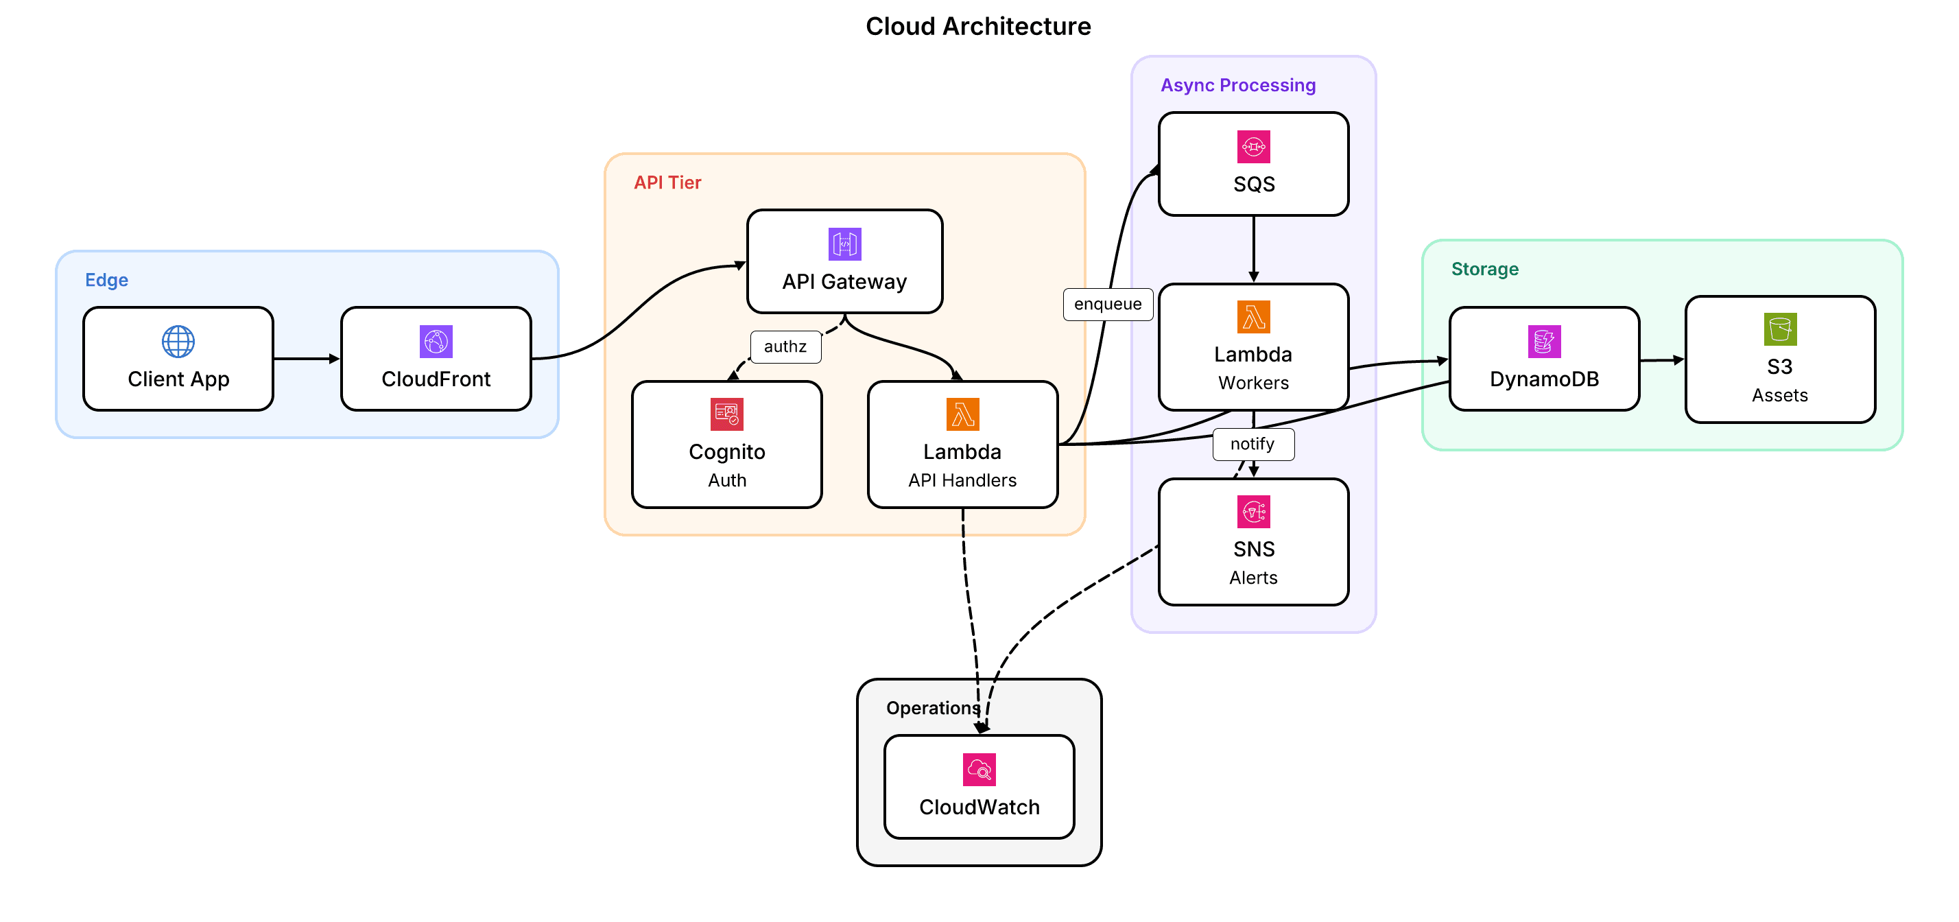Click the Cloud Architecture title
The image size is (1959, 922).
tap(978, 27)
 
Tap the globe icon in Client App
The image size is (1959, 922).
tap(178, 342)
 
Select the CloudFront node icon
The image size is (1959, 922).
tap(436, 342)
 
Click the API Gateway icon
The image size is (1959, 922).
tap(844, 244)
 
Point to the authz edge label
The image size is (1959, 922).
tap(785, 347)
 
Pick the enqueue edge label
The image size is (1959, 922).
tap(1107, 305)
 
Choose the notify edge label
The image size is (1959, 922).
tap(1252, 445)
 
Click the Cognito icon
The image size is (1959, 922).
tap(726, 414)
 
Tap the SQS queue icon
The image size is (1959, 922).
tap(1253, 147)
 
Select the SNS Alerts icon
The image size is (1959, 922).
tap(1253, 512)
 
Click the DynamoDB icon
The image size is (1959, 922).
tap(1544, 342)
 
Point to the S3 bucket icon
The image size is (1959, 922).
tap(1779, 329)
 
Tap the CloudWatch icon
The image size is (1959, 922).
tap(979, 770)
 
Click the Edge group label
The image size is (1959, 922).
tap(106, 280)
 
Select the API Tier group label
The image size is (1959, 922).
tap(667, 182)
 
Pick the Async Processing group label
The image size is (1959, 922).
tap(1237, 85)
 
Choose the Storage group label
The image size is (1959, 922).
tap(1484, 270)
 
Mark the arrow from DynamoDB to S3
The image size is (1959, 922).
tap(1661, 360)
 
